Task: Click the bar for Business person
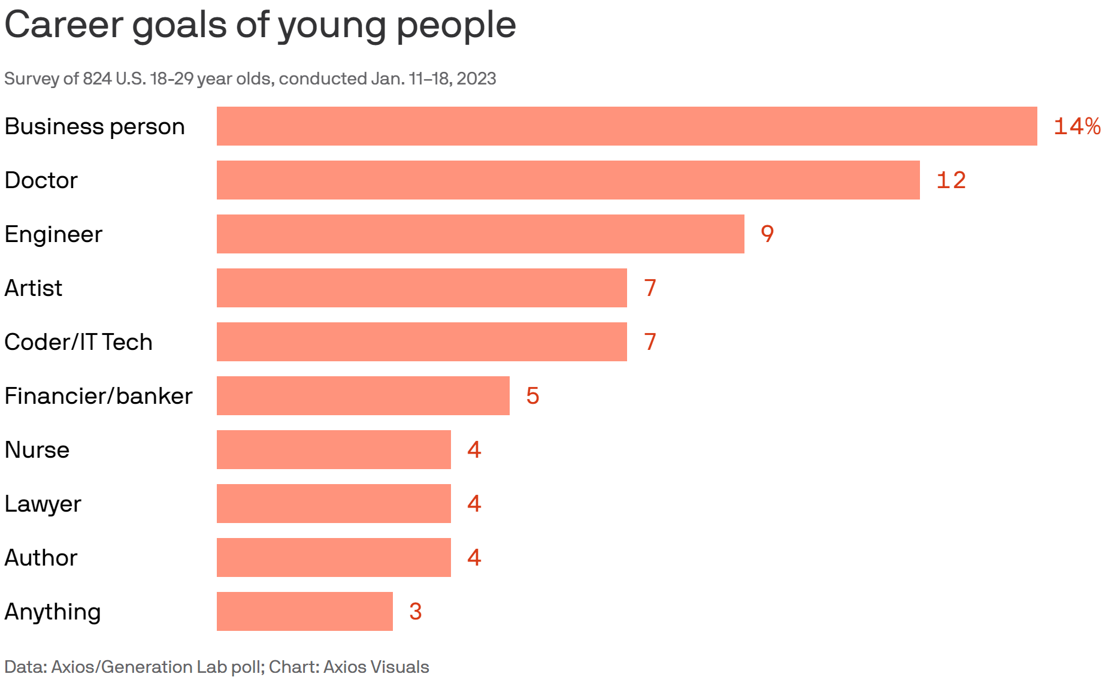coord(626,126)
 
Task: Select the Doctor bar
coord(568,180)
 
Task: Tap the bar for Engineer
coord(480,234)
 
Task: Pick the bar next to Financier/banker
coord(363,395)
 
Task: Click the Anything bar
coord(304,611)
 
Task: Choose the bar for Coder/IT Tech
coord(422,342)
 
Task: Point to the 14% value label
coord(1077,126)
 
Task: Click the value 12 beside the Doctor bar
coord(951,180)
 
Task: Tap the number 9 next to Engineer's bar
coord(767,234)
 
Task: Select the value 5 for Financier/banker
coord(532,396)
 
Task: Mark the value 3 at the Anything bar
coord(415,612)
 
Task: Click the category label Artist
coord(34,288)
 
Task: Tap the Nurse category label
coord(37,450)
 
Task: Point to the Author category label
coord(41,558)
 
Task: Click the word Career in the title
coord(63,25)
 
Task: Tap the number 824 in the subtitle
coord(96,78)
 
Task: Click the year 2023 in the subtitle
coord(476,78)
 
